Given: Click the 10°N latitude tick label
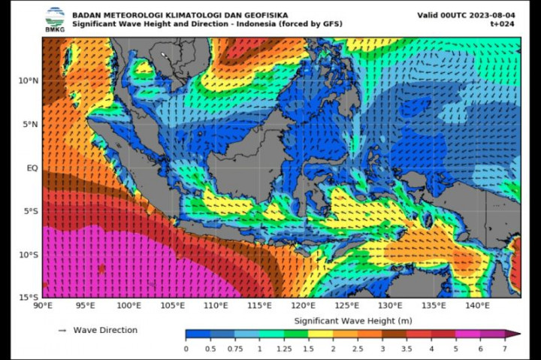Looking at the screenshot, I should [x=29, y=80].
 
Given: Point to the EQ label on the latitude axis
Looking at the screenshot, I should [x=32, y=168].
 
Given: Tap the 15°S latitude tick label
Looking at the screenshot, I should [x=29, y=298].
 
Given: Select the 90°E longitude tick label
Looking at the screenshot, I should [x=43, y=306].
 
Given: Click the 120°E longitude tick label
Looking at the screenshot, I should [x=304, y=306].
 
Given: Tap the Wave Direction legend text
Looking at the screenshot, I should [x=105, y=330].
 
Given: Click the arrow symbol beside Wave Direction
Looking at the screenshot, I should [x=62, y=330].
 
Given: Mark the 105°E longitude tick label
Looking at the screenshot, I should [x=173, y=306].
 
